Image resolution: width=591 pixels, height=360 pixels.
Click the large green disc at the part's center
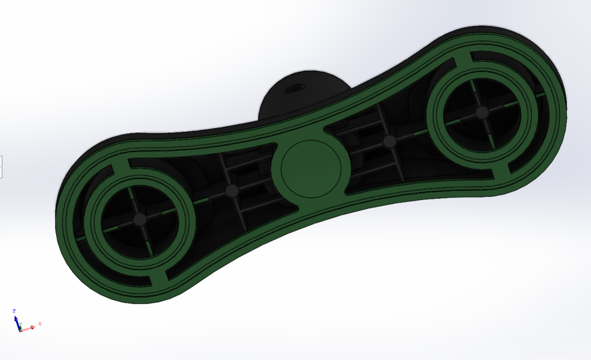[x=311, y=169]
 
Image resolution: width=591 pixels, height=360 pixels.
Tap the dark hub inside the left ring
[x=140, y=219]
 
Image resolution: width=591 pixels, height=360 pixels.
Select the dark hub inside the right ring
[x=482, y=113]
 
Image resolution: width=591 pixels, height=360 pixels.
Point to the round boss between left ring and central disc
[x=231, y=191]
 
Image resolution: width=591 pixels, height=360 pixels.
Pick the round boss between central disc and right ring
[x=389, y=142]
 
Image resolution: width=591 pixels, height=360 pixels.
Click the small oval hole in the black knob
[x=294, y=87]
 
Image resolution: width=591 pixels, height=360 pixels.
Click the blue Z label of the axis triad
[x=14, y=311]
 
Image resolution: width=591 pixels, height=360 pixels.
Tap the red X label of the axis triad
[x=40, y=323]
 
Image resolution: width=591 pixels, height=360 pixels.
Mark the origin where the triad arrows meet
[x=20, y=330]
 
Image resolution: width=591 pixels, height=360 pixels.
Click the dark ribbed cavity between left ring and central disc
[x=246, y=178]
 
